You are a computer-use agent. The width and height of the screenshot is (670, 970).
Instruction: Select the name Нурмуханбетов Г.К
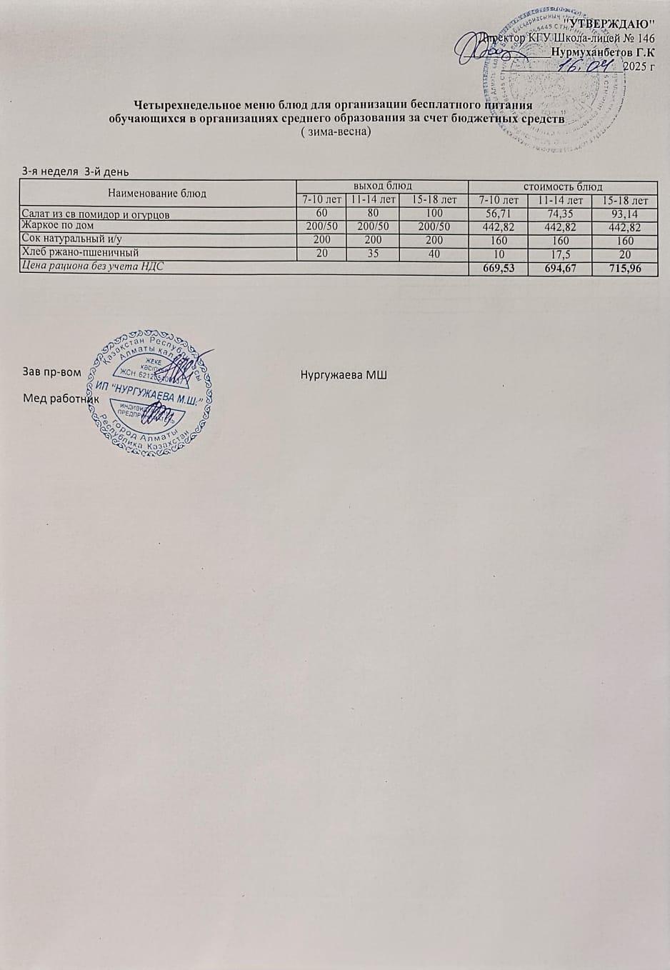pos(604,52)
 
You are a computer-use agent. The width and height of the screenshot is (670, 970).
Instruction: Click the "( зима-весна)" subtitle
pos(336,132)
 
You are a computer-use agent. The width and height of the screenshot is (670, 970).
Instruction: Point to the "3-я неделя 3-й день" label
pos(76,171)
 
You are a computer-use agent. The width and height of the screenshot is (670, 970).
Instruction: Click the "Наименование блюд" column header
pos(157,193)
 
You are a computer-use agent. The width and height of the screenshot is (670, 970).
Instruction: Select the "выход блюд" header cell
pos(381,186)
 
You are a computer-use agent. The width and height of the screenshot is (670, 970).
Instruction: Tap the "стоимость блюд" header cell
pos(563,186)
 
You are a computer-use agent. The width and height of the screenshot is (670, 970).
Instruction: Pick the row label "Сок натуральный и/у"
pos(72,239)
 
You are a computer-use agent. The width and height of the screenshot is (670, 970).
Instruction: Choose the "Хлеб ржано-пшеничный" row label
pos(80,252)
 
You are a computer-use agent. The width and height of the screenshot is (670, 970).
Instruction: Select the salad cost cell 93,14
pos(624,214)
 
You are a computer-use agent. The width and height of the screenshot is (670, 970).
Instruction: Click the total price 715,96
pos(624,269)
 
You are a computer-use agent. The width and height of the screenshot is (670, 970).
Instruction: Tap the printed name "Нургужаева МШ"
pos(344,375)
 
